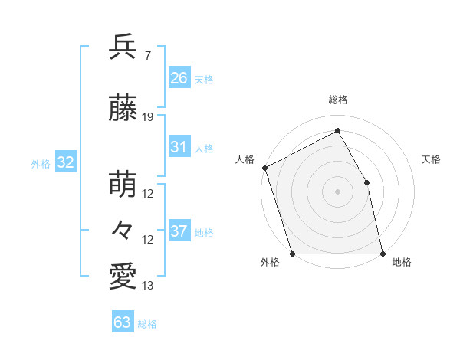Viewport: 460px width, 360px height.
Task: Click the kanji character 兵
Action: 123,47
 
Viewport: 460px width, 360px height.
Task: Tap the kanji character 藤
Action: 123,108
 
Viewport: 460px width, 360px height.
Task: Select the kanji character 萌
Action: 123,184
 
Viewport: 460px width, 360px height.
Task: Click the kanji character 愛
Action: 123,277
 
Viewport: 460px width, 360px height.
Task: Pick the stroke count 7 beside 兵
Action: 148,56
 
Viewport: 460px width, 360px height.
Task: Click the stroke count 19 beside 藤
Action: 148,117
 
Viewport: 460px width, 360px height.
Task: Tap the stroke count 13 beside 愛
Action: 148,286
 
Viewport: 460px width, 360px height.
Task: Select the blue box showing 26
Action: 179,78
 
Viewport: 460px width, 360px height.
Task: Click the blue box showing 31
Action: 179,147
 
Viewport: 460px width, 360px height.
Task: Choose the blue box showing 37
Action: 179,231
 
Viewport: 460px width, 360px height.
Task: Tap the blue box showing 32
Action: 65,162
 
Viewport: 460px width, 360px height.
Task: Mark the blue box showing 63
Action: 123,322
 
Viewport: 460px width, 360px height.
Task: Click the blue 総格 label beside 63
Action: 147,324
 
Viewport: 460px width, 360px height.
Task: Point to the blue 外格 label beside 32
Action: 41,163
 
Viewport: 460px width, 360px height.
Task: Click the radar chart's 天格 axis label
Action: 432,159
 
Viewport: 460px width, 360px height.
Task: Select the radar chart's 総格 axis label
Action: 337,100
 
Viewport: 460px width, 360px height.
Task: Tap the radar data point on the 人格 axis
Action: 264,168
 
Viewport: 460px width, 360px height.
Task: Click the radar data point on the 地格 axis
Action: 383,253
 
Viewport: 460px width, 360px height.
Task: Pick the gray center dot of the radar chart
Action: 337,191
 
